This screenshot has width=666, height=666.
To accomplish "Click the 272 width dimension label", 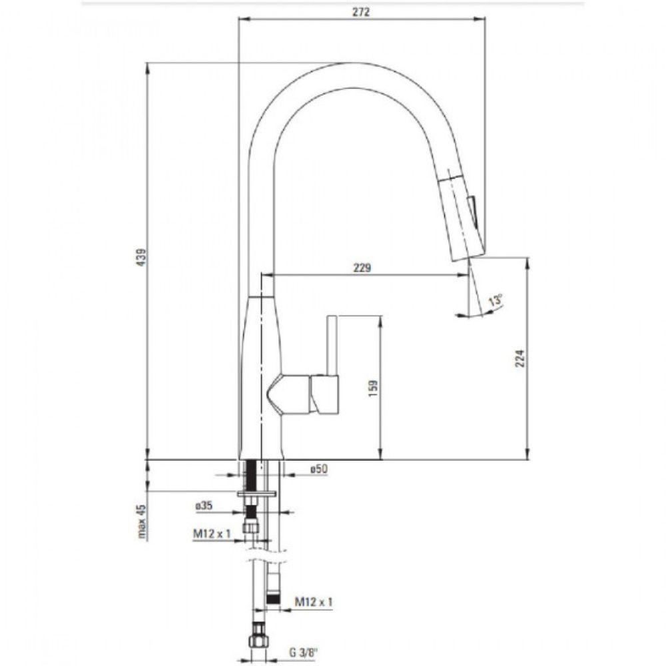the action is [x=362, y=11].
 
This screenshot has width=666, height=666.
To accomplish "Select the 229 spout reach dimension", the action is [x=362, y=268].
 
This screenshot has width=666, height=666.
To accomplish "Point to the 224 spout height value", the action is [x=520, y=358].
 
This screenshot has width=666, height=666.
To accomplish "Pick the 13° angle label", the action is [x=495, y=300].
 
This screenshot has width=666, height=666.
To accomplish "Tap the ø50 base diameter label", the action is [x=319, y=469].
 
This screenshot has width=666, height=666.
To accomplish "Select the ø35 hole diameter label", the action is [x=204, y=505].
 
